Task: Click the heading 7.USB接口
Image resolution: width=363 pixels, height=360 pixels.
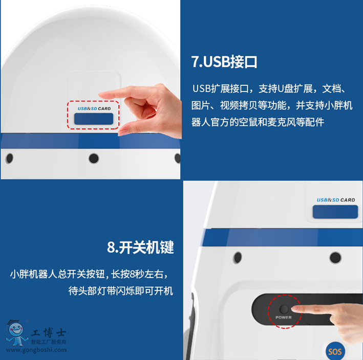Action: click(x=224, y=62)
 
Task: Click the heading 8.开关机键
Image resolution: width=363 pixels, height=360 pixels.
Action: click(x=140, y=247)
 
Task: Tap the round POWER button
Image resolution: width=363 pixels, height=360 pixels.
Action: click(x=284, y=309)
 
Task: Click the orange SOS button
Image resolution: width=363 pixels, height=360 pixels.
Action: click(x=335, y=352)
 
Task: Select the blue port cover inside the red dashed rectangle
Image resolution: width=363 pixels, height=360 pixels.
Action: click(x=94, y=119)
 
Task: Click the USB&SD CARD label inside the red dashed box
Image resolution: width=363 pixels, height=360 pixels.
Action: click(x=94, y=109)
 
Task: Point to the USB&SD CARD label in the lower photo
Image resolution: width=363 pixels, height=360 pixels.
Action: click(x=336, y=200)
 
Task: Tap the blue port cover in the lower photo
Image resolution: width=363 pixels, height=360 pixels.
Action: click(x=335, y=212)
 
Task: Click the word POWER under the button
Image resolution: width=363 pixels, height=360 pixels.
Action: click(x=284, y=318)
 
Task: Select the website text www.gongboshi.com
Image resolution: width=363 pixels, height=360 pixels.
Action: click(x=36, y=350)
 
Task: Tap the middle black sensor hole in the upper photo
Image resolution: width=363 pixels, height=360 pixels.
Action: click(x=94, y=159)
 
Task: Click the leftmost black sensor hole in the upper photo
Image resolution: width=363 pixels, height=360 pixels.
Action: click(x=10, y=159)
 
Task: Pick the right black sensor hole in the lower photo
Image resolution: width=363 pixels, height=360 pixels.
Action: click(x=335, y=258)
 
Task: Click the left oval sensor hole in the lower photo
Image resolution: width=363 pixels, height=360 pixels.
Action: click(x=238, y=257)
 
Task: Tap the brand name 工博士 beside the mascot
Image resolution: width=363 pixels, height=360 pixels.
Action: click(x=49, y=333)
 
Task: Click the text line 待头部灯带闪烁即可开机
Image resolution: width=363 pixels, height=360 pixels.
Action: click(x=121, y=291)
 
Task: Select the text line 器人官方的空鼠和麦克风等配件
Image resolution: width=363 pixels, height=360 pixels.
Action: click(x=258, y=122)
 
